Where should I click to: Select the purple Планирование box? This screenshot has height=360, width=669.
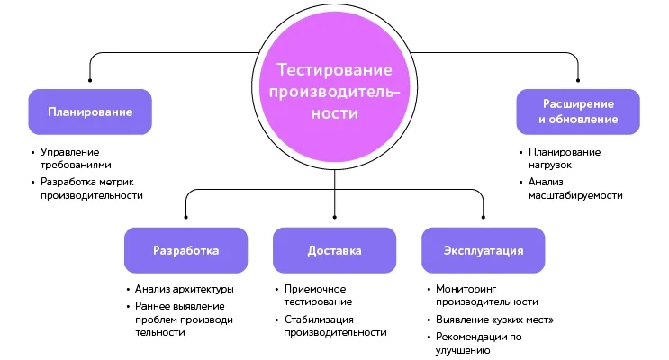pyautogui.click(x=90, y=112)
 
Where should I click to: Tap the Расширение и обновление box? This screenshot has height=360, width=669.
pyautogui.click(x=577, y=112)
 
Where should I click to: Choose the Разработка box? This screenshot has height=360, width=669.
pyautogui.click(x=185, y=250)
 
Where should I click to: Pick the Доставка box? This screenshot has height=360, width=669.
pyautogui.click(x=334, y=250)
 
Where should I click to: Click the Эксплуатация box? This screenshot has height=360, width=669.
pyautogui.click(x=483, y=250)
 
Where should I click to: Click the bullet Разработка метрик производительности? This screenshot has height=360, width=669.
pyautogui.click(x=90, y=188)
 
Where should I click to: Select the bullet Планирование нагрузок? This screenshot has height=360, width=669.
pyautogui.click(x=564, y=158)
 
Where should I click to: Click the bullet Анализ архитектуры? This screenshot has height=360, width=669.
pyautogui.click(x=184, y=289)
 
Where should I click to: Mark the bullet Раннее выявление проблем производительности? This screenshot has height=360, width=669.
pyautogui.click(x=185, y=319)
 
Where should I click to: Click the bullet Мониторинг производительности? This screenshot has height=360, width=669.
pyautogui.click(x=487, y=295)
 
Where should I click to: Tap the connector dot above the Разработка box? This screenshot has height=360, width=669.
pyautogui.click(x=185, y=217)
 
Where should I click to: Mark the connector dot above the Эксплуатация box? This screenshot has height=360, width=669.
pyautogui.click(x=483, y=217)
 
